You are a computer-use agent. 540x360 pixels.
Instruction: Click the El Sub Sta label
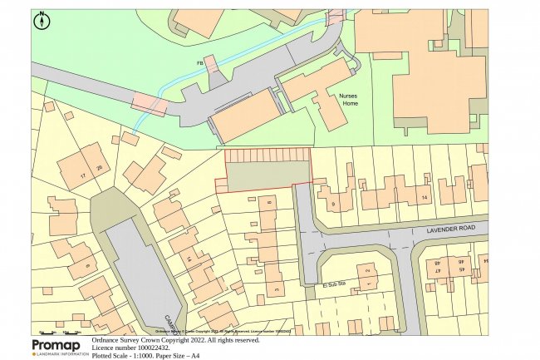332,287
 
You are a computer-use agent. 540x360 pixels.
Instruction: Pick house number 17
83,176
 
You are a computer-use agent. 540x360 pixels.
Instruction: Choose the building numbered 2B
99,170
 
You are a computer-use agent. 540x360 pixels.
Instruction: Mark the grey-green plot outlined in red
263,175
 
